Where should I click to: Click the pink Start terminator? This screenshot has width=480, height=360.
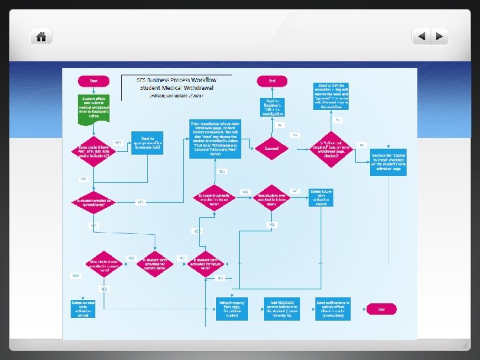point(93,81)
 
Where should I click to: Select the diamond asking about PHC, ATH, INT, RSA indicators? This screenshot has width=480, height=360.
point(93,149)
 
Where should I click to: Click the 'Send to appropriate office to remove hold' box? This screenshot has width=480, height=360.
point(147,142)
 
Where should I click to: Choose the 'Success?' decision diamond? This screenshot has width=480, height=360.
point(272,148)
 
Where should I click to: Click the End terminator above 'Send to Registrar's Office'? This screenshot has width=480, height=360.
point(272,81)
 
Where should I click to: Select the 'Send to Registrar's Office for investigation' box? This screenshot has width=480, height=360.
point(272,107)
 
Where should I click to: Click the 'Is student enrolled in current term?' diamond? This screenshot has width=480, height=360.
point(93,202)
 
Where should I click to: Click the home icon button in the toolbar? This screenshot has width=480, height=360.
point(41,36)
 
